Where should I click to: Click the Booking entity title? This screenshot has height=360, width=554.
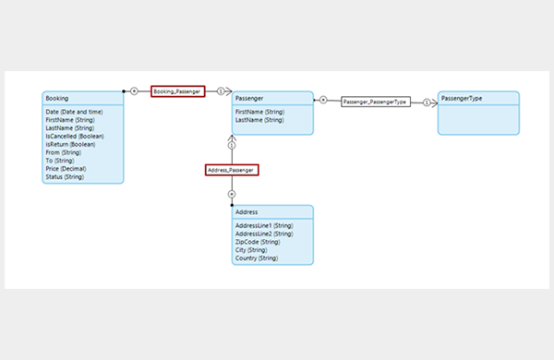click(x=57, y=98)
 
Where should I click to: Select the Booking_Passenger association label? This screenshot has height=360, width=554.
click(x=177, y=91)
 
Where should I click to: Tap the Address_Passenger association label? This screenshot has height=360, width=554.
click(x=232, y=170)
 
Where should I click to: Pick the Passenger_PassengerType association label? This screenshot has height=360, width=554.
click(x=376, y=102)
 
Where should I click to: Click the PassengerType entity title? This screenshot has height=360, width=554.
click(x=462, y=98)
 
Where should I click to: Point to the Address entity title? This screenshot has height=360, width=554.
click(x=247, y=212)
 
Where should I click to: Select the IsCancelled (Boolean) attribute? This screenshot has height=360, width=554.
click(x=75, y=136)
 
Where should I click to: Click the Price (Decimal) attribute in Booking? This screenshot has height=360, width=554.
click(x=66, y=169)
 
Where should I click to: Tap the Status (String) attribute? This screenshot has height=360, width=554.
click(x=65, y=176)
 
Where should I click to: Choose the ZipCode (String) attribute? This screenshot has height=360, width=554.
click(x=258, y=242)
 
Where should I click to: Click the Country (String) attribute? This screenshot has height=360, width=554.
click(x=257, y=258)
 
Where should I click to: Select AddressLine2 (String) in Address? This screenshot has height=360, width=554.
click(x=264, y=234)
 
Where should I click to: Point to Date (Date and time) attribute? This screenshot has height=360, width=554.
click(x=74, y=112)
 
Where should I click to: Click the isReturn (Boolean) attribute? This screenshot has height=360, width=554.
click(x=70, y=144)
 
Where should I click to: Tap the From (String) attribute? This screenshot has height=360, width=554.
click(x=63, y=152)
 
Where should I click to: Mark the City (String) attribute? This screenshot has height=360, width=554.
click(x=251, y=250)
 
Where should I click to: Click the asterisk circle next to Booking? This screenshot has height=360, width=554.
click(x=134, y=91)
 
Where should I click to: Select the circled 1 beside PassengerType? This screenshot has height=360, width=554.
click(x=427, y=102)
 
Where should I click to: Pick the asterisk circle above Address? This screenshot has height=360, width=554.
click(x=232, y=194)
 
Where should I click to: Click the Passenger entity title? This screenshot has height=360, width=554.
click(x=249, y=98)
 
